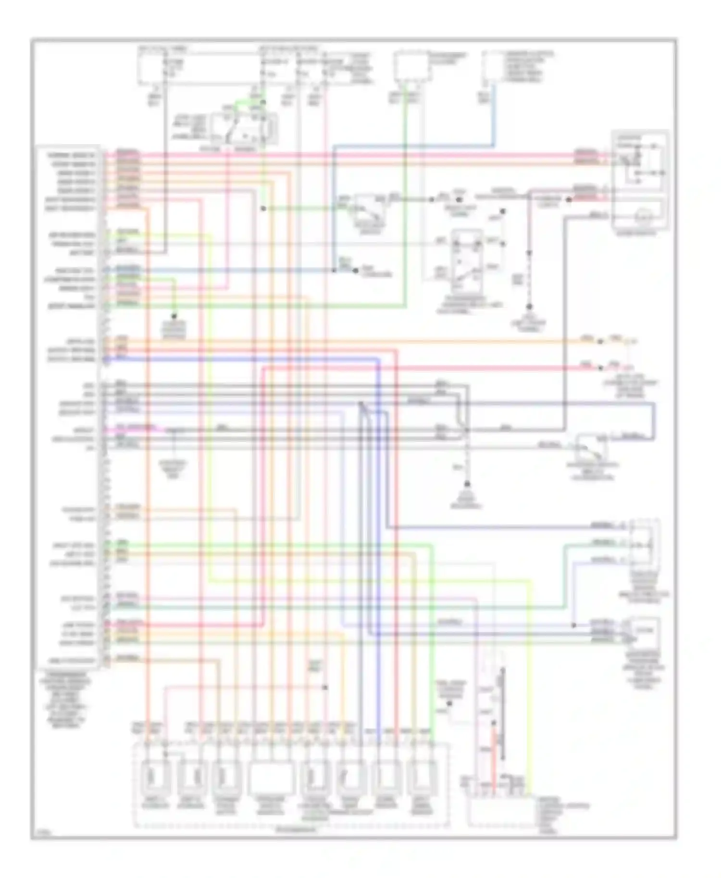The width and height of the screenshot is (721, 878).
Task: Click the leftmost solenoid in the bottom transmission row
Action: pos(154,777)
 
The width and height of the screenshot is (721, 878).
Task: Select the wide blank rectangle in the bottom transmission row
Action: pos(271,777)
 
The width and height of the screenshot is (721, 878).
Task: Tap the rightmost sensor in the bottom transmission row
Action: pos(422,777)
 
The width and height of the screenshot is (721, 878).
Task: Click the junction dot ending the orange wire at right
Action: pos(600,341)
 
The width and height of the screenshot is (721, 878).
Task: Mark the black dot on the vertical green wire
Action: pos(263,208)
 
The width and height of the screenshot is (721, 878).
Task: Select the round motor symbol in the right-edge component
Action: pos(642,218)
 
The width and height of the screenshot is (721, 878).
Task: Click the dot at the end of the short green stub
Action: pos(174,317)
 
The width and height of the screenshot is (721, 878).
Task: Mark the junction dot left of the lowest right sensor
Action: pos(573,625)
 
